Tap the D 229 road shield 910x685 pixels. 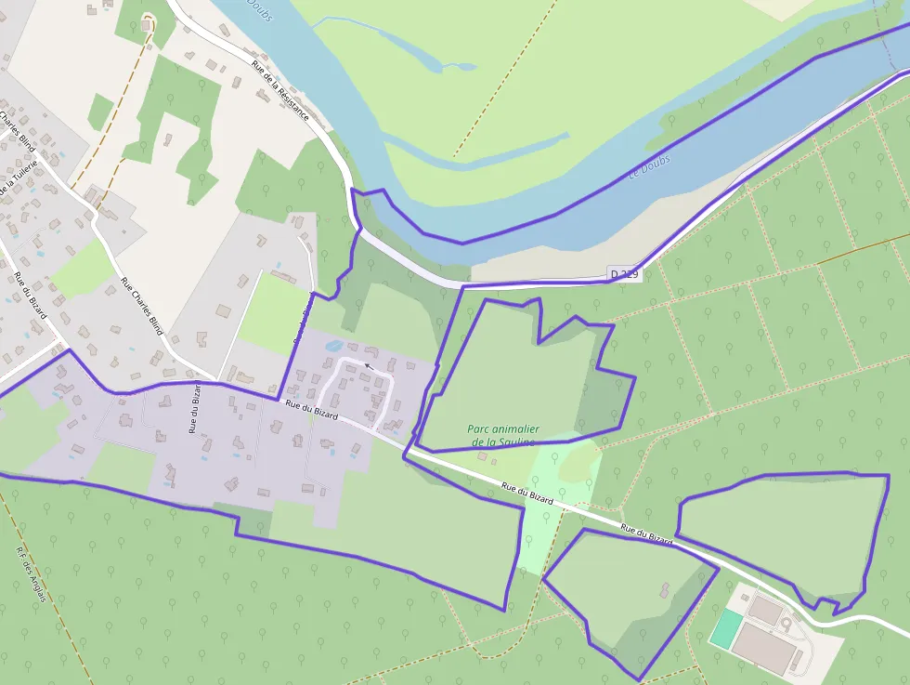pyautogui.click(x=625, y=274)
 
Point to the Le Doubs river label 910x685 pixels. pyautogui.click(x=649, y=169)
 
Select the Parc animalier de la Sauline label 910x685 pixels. pyautogui.click(x=502, y=436)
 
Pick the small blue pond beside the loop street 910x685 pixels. pyautogui.click(x=331, y=346)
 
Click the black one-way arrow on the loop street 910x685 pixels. pyautogui.click(x=369, y=366)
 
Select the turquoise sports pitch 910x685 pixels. pyautogui.click(x=726, y=629)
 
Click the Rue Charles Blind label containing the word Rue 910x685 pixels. pyautogui.click(x=142, y=305)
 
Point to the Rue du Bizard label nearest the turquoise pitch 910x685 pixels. pyautogui.click(x=646, y=534)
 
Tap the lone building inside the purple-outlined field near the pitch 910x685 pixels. pyautogui.click(x=665, y=589)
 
